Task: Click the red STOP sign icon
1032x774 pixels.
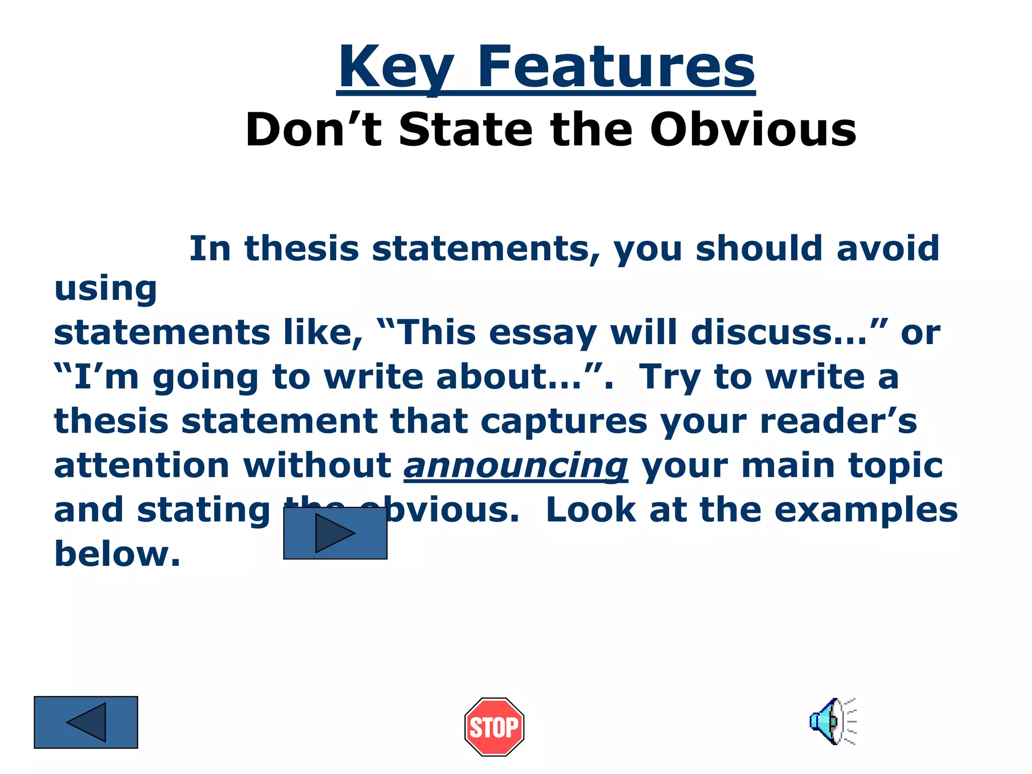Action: pos(494,727)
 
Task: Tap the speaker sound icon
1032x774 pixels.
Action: pos(832,721)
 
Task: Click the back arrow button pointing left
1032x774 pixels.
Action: pos(86,722)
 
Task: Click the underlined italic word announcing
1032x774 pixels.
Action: pos(515,466)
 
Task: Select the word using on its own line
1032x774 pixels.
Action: pos(105,289)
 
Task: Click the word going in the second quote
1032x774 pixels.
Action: pos(206,378)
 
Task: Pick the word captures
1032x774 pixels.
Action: pos(563,422)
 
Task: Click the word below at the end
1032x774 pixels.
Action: pos(116,554)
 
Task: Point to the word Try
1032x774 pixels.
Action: pos(670,378)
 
